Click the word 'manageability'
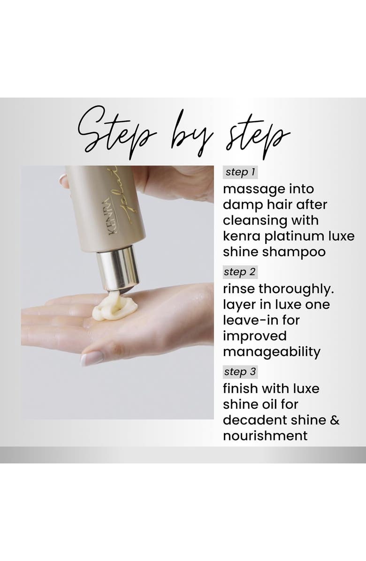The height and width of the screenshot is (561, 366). pyautogui.click(x=272, y=352)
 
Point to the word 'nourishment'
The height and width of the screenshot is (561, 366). pyautogui.click(x=265, y=436)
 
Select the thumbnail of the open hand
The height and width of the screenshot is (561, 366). pyautogui.click(x=91, y=358)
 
